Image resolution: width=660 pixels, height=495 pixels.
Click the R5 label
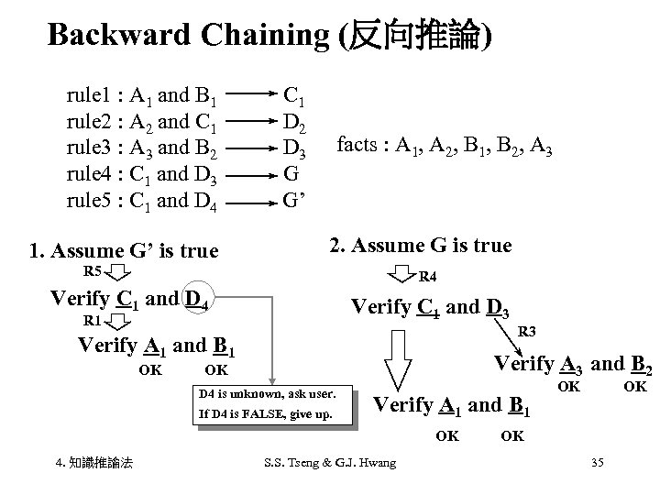click(x=93, y=271)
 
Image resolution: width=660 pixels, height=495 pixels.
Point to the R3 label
click(x=528, y=332)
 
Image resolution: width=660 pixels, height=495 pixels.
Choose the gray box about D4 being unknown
click(x=272, y=404)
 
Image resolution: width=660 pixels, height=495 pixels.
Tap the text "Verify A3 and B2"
click(x=573, y=364)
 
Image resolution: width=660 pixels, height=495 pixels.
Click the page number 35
click(x=597, y=463)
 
